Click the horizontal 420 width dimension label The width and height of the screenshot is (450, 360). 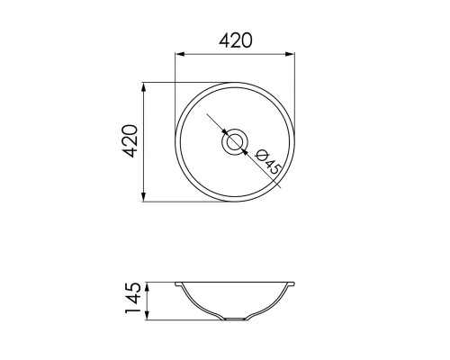(x=236, y=40)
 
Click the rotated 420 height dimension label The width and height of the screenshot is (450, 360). (x=130, y=141)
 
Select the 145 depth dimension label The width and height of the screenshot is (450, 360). (x=132, y=298)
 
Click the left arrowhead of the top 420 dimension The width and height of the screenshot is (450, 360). (x=179, y=54)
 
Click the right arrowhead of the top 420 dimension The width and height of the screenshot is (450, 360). (x=290, y=54)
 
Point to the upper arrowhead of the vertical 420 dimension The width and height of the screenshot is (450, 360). (x=144, y=87)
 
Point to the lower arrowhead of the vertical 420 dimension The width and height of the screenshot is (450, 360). (x=144, y=197)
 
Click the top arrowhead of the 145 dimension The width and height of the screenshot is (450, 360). (x=147, y=287)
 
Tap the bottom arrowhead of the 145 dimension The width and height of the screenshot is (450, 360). (x=147, y=316)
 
